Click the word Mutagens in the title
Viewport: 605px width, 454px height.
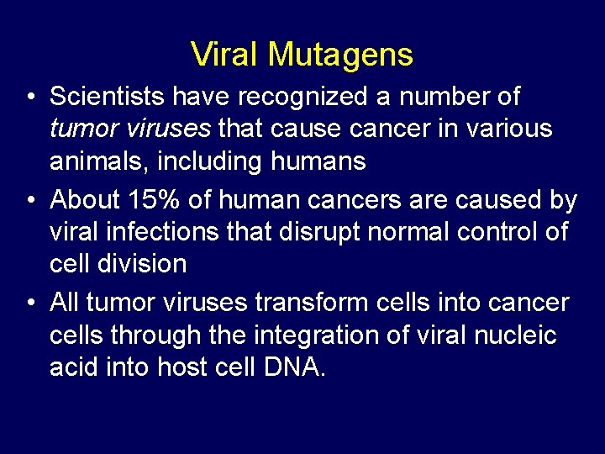click(x=340, y=55)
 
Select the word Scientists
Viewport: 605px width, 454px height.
click(x=108, y=97)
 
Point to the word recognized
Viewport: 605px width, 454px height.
click(x=304, y=97)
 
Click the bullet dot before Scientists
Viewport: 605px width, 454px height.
click(x=30, y=98)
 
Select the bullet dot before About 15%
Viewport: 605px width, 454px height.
click(x=30, y=202)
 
